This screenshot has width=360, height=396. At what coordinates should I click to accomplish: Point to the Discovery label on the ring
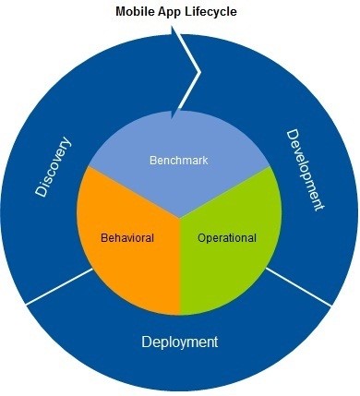(x=54, y=167)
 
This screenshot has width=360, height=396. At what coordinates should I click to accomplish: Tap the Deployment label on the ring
(x=180, y=342)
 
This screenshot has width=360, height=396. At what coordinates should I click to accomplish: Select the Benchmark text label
(x=179, y=161)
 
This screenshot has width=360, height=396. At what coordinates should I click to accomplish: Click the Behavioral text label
(x=127, y=237)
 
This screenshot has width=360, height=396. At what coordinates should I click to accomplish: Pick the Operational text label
(x=226, y=237)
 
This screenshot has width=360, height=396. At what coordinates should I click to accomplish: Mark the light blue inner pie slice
(x=180, y=138)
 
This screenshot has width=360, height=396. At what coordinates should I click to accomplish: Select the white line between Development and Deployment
(x=300, y=287)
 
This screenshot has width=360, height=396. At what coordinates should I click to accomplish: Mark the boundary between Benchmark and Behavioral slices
(x=129, y=190)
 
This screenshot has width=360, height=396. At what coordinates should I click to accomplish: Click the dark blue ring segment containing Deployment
(x=180, y=369)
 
